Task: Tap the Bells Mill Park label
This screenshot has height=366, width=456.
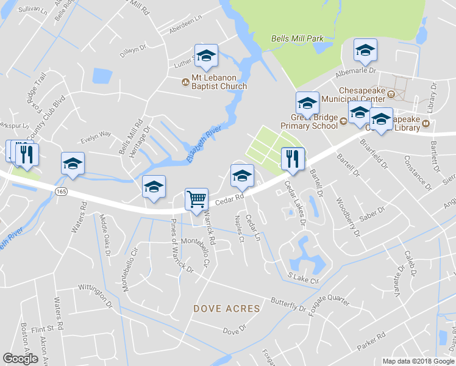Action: pyautogui.click(x=297, y=38)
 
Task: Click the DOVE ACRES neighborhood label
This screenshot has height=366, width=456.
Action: pyautogui.click(x=227, y=309)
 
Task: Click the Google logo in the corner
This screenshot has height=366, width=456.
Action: pyautogui.click(x=20, y=359)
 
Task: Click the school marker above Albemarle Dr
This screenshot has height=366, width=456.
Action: pyautogui.click(x=365, y=51)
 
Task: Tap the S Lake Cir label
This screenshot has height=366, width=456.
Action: pyautogui.click(x=303, y=278)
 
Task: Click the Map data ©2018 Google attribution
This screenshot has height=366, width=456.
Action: pyautogui.click(x=418, y=361)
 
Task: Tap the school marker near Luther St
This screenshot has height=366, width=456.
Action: pyautogui.click(x=206, y=56)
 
